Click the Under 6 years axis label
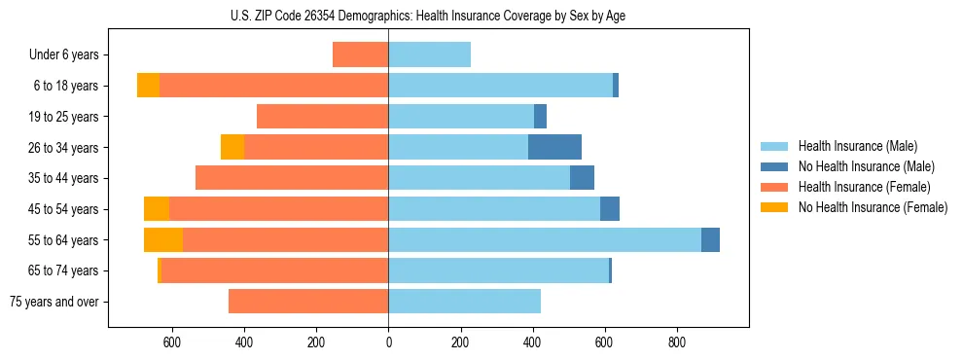64,55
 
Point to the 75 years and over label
54,302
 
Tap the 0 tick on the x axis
388,342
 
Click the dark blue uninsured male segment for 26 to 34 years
554,147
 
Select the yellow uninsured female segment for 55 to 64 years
163,239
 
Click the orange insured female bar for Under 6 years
361,54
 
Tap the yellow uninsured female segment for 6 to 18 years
148,86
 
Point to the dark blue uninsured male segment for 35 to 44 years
582,178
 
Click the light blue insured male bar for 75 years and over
464,302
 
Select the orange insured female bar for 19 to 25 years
323,117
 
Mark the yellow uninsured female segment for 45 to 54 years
157,209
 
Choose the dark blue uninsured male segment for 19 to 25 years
540,117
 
